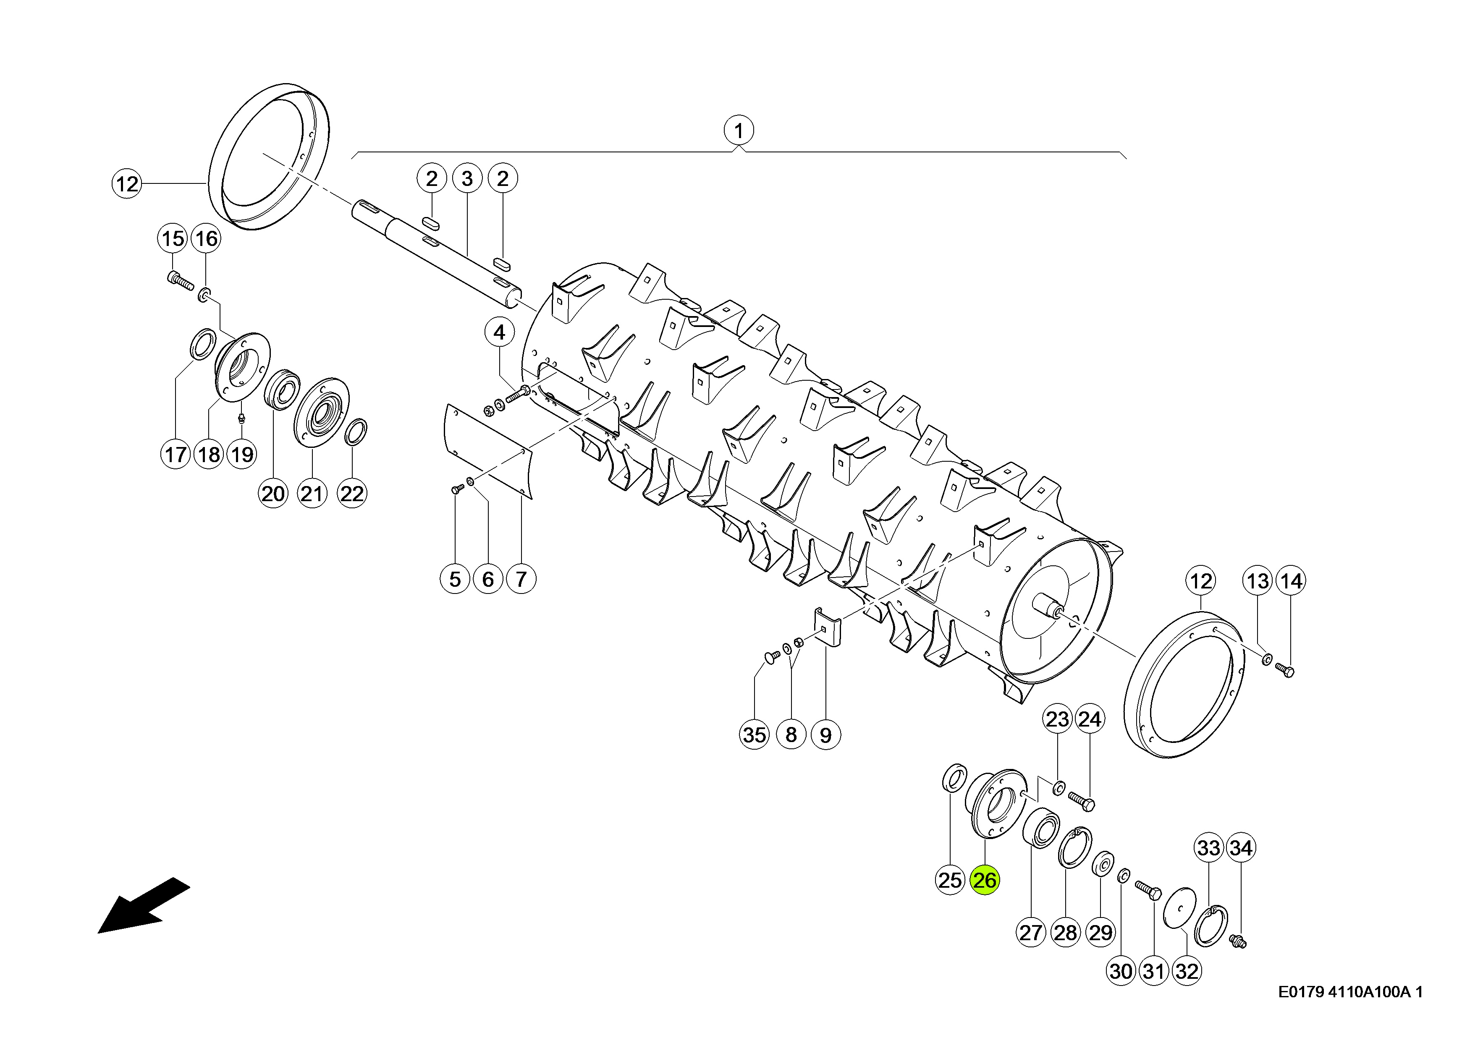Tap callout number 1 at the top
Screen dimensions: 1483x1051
[x=739, y=131]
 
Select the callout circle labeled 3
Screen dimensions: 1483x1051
[x=467, y=179]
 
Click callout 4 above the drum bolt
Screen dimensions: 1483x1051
[x=499, y=333]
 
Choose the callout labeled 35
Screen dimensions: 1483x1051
[x=754, y=735]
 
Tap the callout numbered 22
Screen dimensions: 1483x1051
[x=352, y=494]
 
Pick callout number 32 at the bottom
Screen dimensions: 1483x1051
[x=1187, y=971]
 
